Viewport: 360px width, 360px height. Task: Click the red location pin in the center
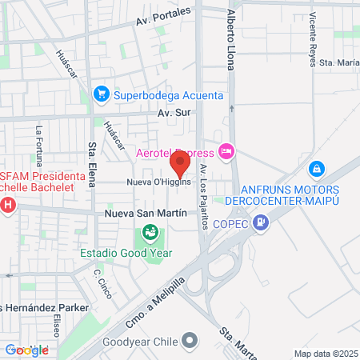pyautogui.click(x=180, y=165)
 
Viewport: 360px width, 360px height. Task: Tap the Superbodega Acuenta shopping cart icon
pyautogui.click(x=102, y=94)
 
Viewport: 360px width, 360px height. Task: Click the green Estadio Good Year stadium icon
pyautogui.click(x=149, y=233)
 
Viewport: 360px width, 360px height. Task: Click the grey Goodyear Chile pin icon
pyautogui.click(x=189, y=342)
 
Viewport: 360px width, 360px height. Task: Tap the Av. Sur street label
pyautogui.click(x=174, y=113)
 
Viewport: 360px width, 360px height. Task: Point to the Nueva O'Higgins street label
pyautogui.click(x=158, y=182)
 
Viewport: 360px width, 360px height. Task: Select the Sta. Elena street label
pyautogui.click(x=93, y=161)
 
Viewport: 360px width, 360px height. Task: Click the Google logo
pyautogui.click(x=26, y=350)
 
